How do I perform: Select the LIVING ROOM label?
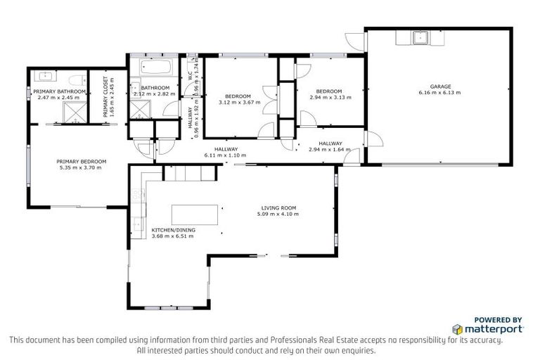coord(279,208)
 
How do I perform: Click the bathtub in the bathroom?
coord(155,68)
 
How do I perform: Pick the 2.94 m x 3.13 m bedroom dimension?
coord(328,97)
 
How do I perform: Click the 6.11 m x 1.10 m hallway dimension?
coord(226,155)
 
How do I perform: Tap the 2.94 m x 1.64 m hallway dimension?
coord(330,149)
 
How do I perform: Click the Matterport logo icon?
coord(457,328)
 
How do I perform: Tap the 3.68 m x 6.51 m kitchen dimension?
coord(172,236)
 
